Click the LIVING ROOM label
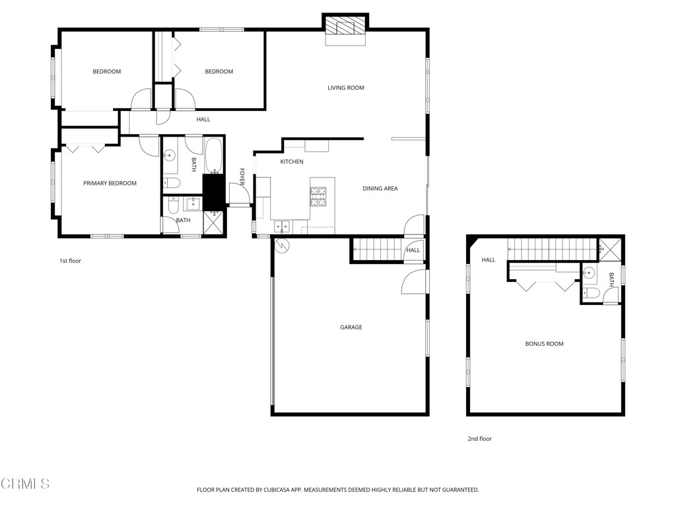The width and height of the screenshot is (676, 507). point(346,88)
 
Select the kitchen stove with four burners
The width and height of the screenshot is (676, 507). point(318,197)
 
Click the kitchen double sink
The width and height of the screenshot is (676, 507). point(283,226)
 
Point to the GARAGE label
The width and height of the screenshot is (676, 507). point(351,327)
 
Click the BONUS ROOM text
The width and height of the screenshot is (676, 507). point(544,344)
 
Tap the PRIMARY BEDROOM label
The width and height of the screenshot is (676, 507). point(110,184)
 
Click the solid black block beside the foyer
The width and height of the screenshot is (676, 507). point(213,191)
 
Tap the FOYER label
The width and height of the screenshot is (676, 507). point(242,176)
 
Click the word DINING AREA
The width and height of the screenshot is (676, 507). point(380,189)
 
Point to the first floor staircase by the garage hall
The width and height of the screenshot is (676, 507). point(377,250)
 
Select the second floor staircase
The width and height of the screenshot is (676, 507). point(551,250)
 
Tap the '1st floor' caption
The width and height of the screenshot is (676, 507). point(70,261)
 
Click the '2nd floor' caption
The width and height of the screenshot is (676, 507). point(480,439)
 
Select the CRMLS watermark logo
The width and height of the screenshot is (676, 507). point(25,484)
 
